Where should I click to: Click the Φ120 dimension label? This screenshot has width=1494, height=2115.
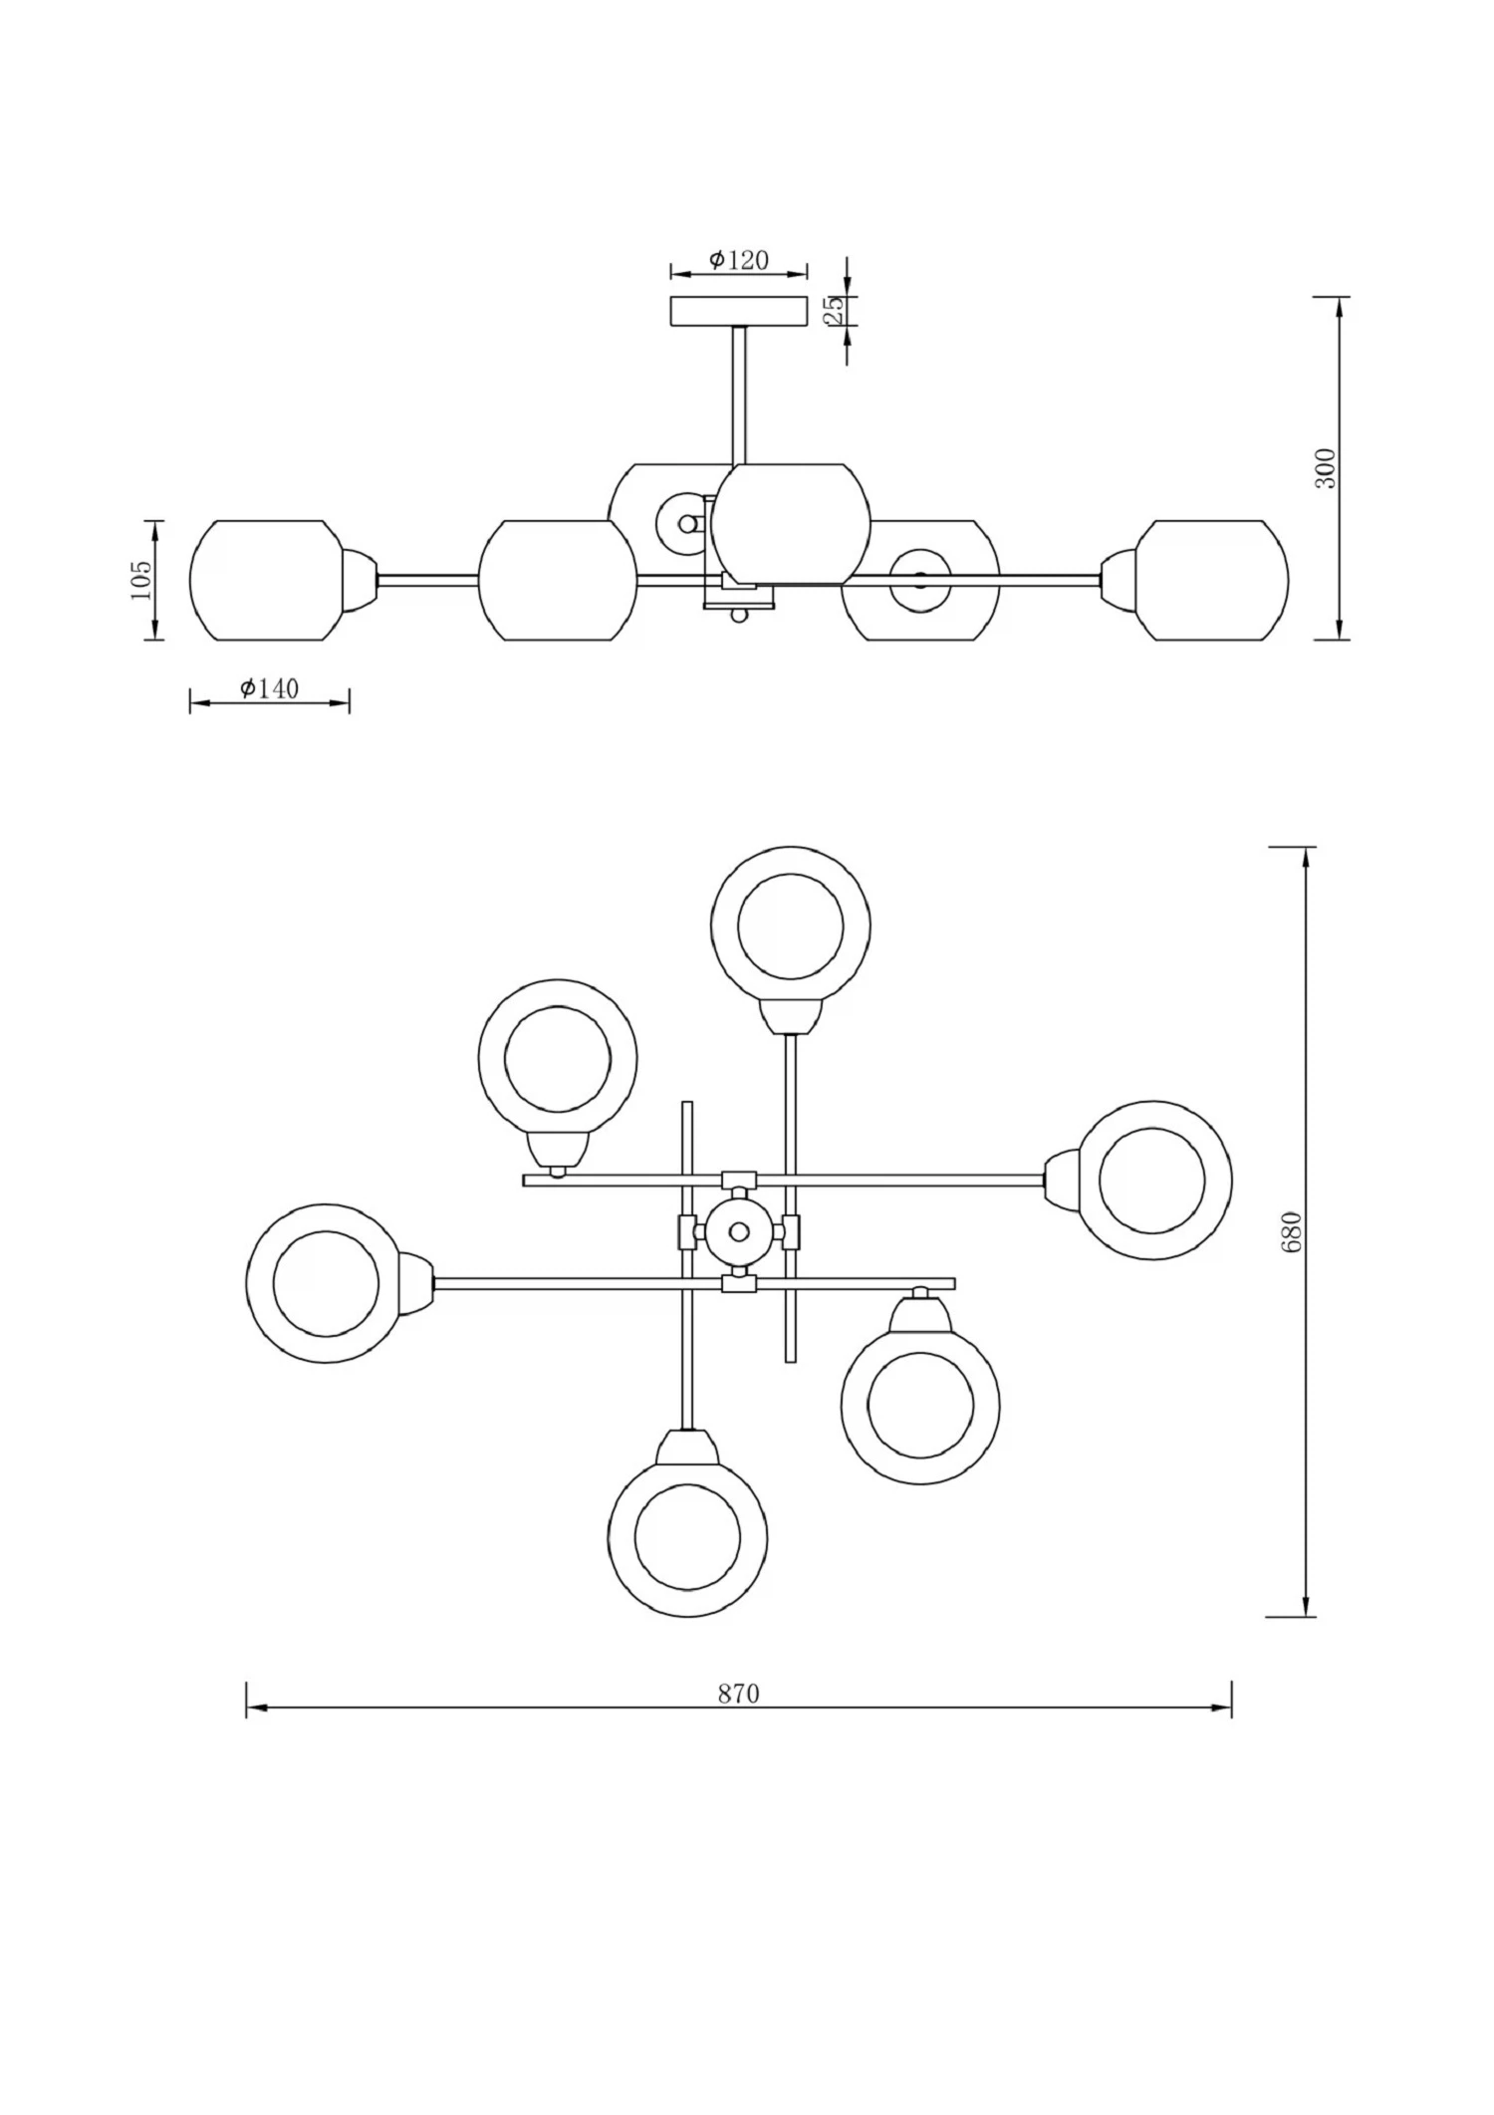point(739,260)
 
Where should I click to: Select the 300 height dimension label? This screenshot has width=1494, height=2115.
point(1326,468)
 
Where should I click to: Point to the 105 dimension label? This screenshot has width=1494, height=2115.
point(141,579)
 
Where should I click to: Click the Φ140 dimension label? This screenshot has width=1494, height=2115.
point(269,688)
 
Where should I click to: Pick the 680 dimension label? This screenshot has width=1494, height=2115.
point(1292,1232)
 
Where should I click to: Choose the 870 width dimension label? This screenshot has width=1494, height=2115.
point(738,1694)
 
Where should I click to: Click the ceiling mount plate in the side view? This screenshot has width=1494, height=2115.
point(739,311)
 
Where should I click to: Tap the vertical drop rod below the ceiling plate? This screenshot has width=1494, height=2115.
point(739,395)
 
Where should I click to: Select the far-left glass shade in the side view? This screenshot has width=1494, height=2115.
point(267,580)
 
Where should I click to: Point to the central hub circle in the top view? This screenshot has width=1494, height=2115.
point(739,1232)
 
